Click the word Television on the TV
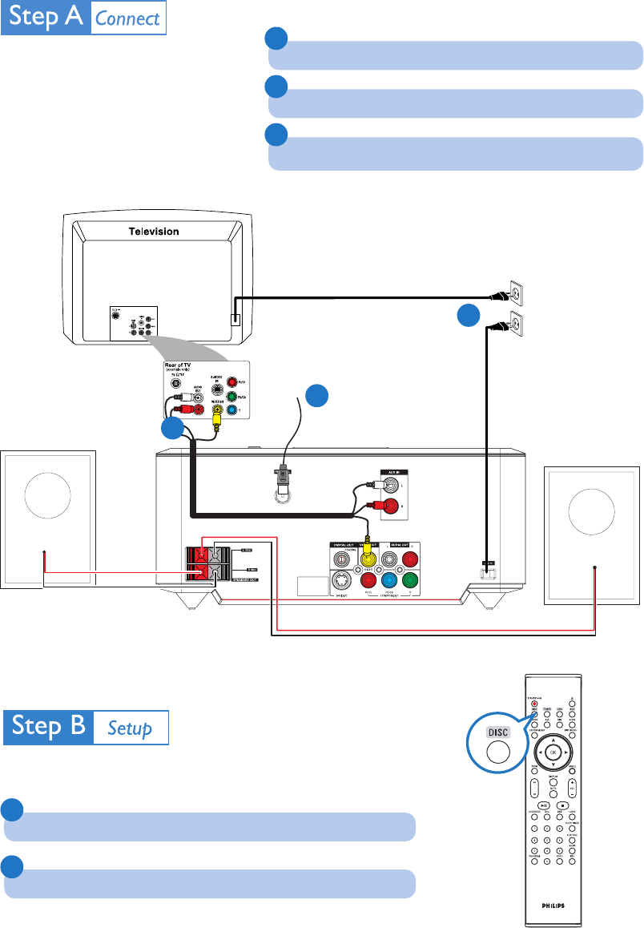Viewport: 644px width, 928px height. (155, 231)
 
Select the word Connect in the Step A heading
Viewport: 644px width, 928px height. (128, 18)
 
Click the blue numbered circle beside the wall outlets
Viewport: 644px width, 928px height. (469, 317)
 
